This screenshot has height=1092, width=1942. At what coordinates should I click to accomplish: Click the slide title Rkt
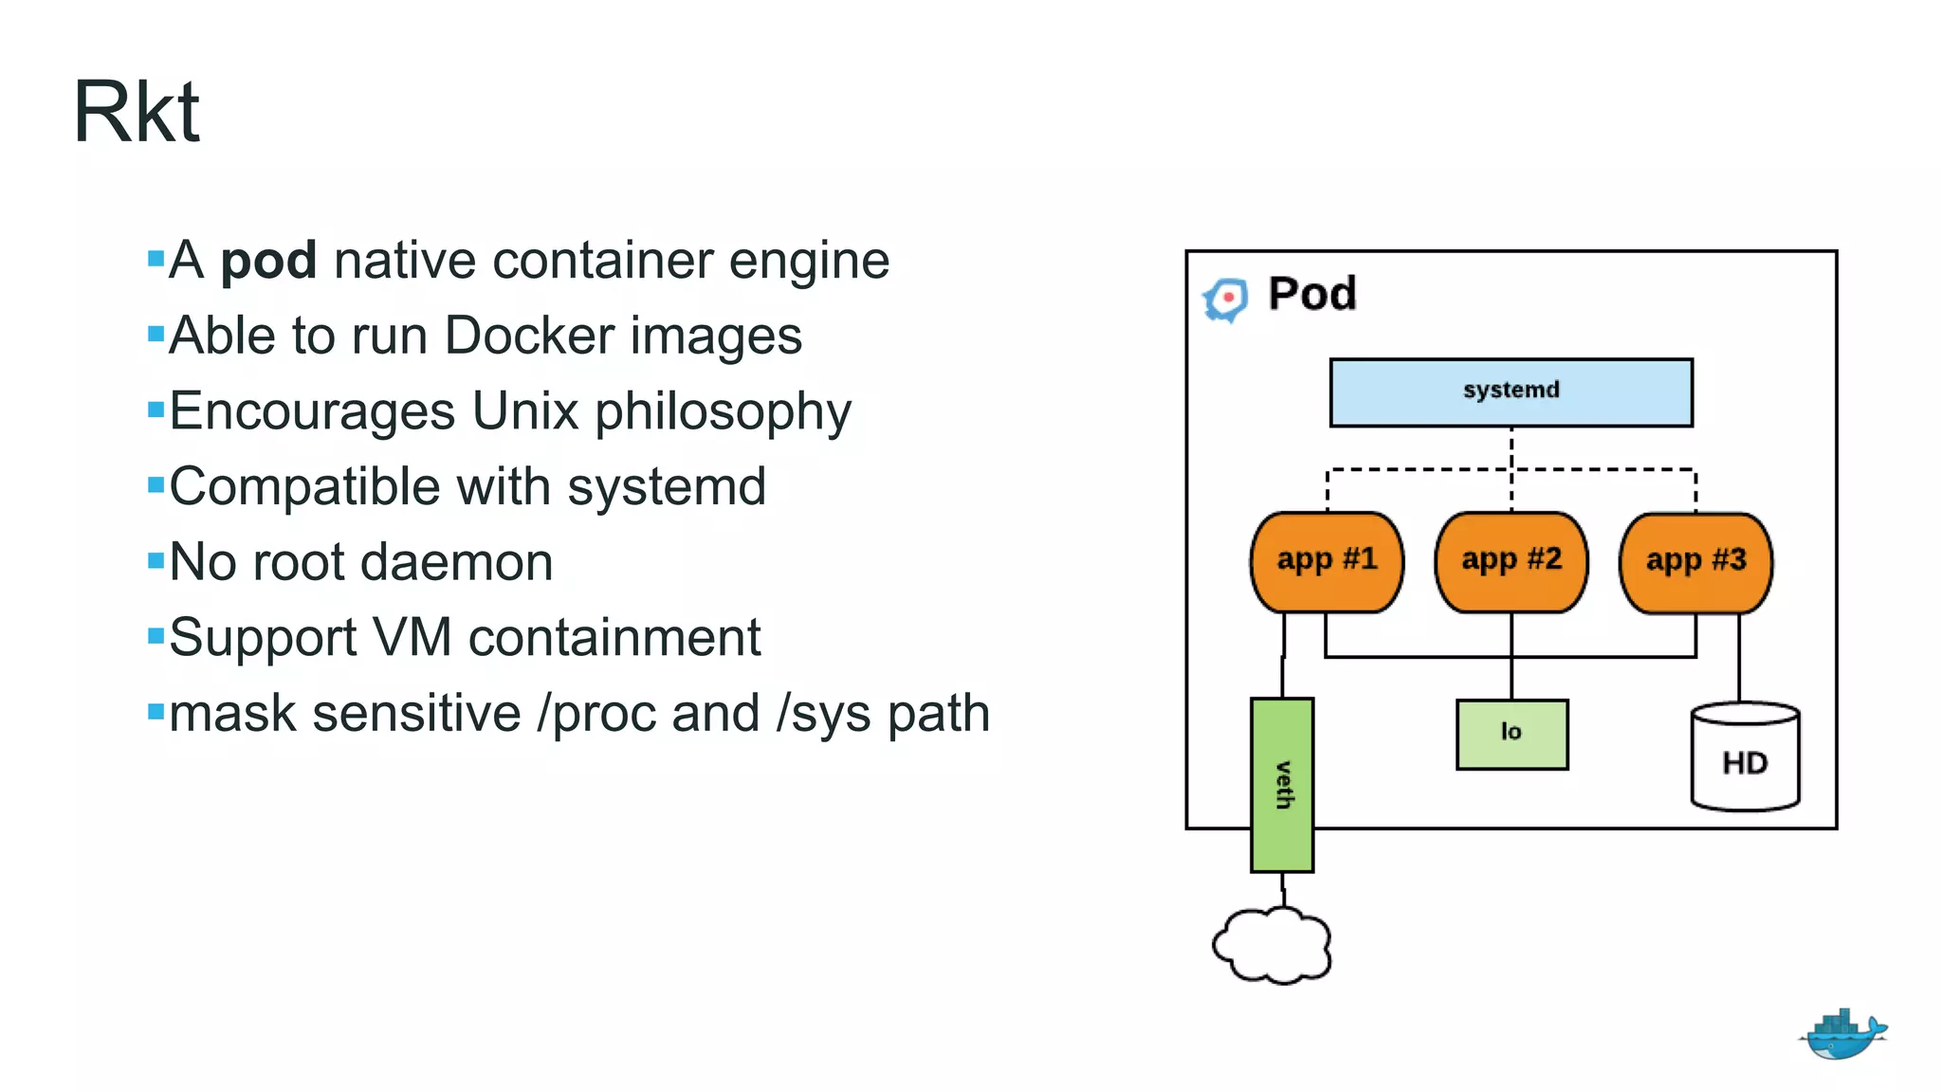[x=137, y=113]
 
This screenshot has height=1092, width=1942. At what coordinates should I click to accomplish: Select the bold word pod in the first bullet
[x=268, y=261]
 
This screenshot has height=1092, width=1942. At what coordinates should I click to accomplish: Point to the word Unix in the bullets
[x=524, y=411]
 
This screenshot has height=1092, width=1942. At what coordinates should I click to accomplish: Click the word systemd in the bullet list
[x=667, y=487]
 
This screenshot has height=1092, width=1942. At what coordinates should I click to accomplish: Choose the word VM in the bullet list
[x=412, y=637]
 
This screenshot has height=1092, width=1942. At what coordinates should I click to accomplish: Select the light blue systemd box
[x=1511, y=391]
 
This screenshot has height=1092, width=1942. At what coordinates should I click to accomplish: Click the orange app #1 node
[x=1327, y=562]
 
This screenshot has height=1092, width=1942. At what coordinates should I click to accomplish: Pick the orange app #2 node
[x=1511, y=562]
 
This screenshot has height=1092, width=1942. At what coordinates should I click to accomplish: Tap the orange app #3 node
[x=1695, y=562]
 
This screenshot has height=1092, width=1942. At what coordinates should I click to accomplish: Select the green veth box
[x=1282, y=785]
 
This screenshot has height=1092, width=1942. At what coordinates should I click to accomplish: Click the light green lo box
[x=1511, y=734]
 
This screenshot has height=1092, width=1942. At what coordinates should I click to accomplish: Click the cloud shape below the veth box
[x=1273, y=945]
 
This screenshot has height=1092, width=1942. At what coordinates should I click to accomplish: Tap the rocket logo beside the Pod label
[x=1226, y=300]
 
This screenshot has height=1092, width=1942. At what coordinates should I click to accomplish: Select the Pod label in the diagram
[x=1312, y=294]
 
